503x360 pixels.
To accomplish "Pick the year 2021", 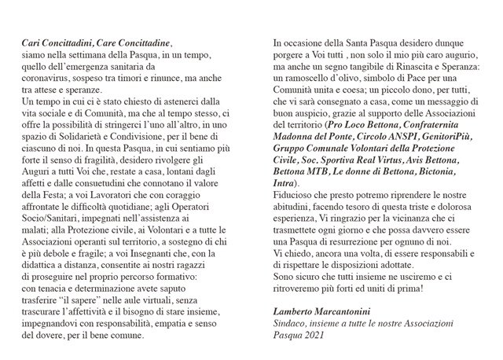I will (x=320, y=333).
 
